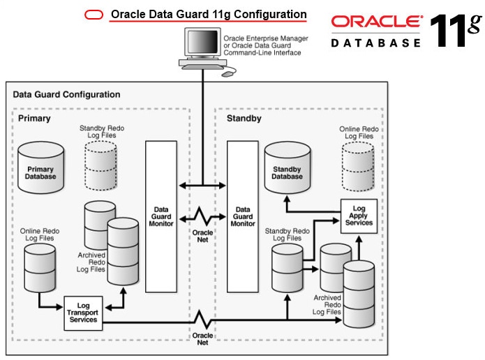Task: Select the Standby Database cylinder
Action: [287, 167]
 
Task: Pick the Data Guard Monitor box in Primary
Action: [161, 216]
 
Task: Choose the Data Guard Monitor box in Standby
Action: [243, 216]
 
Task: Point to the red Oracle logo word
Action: [376, 22]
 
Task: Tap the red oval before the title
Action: [94, 15]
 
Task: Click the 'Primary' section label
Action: [34, 119]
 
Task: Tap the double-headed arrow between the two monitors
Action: [202, 186]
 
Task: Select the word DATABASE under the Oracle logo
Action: [376, 43]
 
